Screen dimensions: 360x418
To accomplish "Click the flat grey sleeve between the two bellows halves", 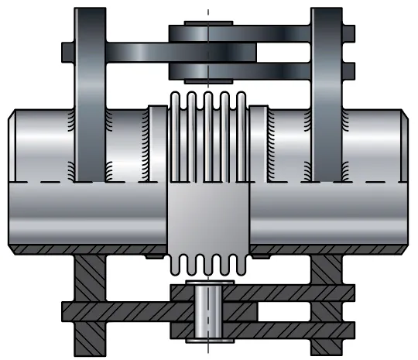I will tap(207, 216).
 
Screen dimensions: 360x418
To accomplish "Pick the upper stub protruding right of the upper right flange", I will tap(348, 33).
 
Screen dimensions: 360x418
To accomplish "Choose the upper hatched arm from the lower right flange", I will tap(294, 293).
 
